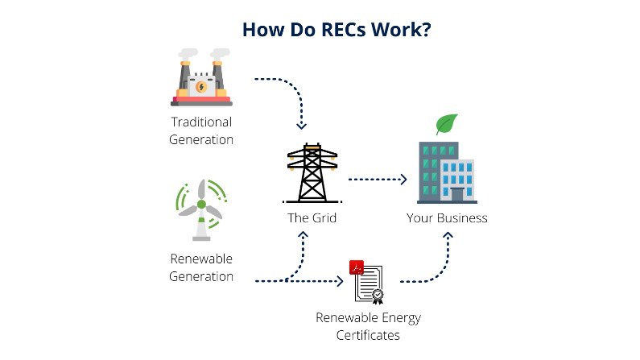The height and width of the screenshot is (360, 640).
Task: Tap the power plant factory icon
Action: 201,77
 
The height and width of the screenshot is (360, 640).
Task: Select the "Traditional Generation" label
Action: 201,130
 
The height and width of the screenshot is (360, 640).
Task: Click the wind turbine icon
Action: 201,210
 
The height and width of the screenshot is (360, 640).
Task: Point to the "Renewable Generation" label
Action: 201,268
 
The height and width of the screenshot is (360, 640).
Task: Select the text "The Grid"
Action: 312,217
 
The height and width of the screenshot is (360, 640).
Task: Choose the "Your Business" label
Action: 447,217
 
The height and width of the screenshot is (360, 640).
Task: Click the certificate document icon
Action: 368,285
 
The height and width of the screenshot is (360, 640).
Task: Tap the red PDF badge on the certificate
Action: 355,267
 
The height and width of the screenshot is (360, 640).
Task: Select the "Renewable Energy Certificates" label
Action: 368,325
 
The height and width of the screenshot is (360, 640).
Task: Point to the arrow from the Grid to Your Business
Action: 377,180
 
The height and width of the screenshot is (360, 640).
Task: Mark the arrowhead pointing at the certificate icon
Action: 341,281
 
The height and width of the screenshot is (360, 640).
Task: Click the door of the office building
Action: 457,194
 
